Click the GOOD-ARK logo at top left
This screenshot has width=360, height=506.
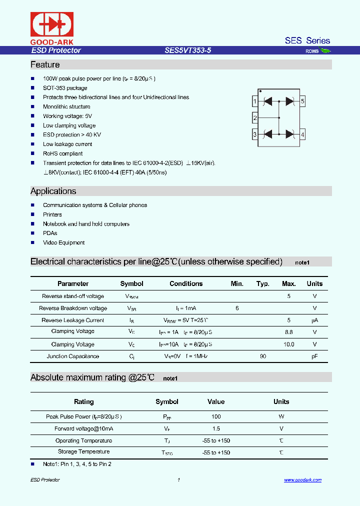pyautogui.click(x=52, y=27)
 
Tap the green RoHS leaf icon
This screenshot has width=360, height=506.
pyautogui.click(x=325, y=50)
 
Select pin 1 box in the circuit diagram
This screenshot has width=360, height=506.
pyautogui.click(x=255, y=101)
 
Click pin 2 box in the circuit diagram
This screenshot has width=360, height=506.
pyautogui.click(x=255, y=118)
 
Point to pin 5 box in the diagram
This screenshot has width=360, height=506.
pyautogui.click(x=302, y=101)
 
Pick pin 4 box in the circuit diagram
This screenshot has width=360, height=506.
pyautogui.click(x=302, y=134)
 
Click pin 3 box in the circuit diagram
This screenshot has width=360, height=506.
pyautogui.click(x=255, y=134)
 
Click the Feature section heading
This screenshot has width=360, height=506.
pyautogui.click(x=45, y=65)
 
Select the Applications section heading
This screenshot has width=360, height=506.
pyautogui.click(x=53, y=191)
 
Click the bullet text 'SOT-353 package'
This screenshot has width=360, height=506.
pyautogui.click(x=65, y=88)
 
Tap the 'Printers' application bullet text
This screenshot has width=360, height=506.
pyautogui.click(x=52, y=214)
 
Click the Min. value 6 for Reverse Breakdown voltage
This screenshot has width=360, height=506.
pyautogui.click(x=237, y=308)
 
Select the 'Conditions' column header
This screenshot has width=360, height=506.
pyautogui.click(x=186, y=283)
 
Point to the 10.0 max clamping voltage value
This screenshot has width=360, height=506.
pyautogui.click(x=289, y=344)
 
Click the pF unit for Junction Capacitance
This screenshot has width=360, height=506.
pyautogui.click(x=314, y=356)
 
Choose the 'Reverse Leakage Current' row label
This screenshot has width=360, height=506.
pyautogui.click(x=73, y=320)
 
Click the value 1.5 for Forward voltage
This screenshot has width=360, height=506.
pyautogui.click(x=216, y=428)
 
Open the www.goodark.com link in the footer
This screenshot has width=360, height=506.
pyautogui.click(x=302, y=480)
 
